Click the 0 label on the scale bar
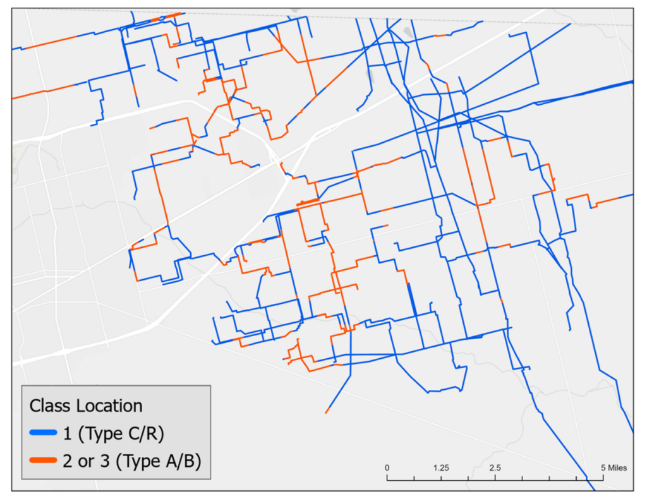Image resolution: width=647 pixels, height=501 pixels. click(x=387, y=468)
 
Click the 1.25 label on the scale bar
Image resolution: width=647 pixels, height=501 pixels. click(x=441, y=468)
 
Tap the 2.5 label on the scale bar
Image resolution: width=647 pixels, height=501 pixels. click(x=495, y=468)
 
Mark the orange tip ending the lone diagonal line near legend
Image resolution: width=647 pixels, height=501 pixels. click(x=327, y=412)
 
